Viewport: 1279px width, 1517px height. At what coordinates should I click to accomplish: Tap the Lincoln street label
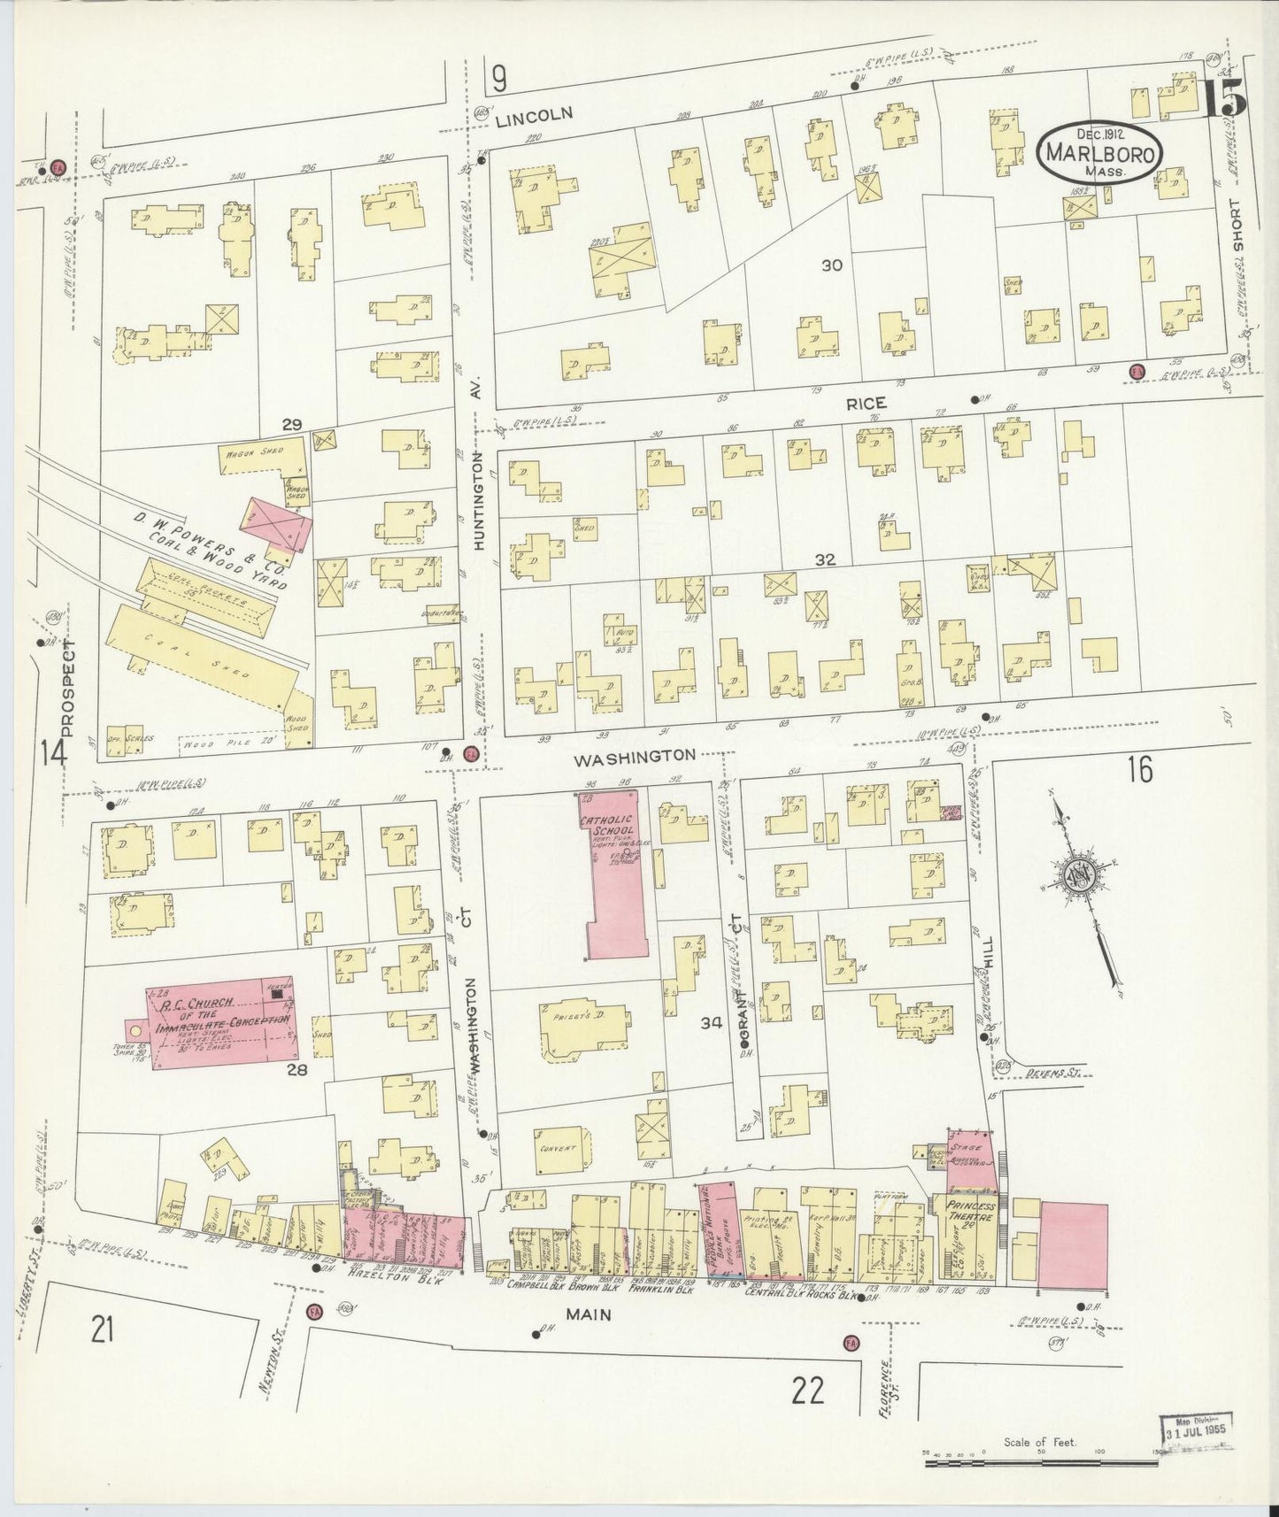pyautogui.click(x=534, y=113)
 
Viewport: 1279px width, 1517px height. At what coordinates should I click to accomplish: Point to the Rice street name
pyautogui.click(x=866, y=403)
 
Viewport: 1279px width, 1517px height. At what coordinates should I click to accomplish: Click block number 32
pyautogui.click(x=825, y=559)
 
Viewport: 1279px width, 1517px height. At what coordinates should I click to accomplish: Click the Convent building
pyautogui.click(x=557, y=1148)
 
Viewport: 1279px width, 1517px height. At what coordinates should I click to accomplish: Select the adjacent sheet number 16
pyautogui.click(x=1140, y=771)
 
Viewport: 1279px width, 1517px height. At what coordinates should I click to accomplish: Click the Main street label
pyautogui.click(x=589, y=1314)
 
